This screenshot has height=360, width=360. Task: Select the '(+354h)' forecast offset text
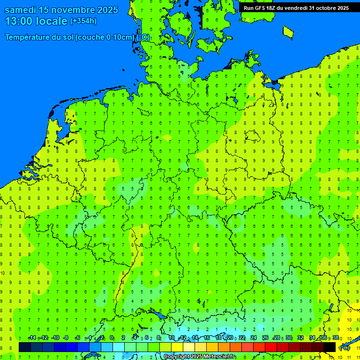pos(83,21)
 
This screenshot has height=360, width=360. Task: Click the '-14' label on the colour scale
pos(32,338)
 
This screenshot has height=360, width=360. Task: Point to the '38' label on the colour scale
pos(336,338)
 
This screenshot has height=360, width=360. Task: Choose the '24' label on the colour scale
pos(254,338)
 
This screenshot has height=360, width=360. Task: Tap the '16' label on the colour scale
pos(207,338)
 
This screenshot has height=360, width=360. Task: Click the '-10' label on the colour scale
pos(55,338)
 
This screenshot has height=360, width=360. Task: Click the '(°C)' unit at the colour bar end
pos(344,348)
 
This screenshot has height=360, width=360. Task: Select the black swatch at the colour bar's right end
pos(330,347)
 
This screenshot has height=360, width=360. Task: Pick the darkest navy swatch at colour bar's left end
pos(25,347)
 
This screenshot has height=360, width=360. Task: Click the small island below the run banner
pos(288,31)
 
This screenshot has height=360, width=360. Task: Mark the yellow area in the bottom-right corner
pos(352,323)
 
